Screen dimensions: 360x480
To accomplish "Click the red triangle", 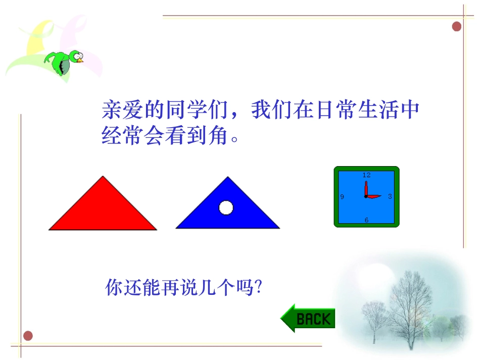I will click(103, 210).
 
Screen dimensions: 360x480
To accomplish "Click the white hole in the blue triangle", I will click(226, 208).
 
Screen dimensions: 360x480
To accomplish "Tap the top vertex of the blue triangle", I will click(228, 178).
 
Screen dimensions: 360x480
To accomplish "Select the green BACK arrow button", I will click(308, 319).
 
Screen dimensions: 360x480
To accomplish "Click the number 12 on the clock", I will click(366, 175).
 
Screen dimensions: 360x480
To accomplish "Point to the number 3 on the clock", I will click(390, 196).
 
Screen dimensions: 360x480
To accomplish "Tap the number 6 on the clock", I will click(366, 220).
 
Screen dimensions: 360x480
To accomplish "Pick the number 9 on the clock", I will click(342, 197).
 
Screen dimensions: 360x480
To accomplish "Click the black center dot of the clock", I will click(366, 196).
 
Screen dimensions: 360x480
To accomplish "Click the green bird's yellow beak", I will click(80, 61).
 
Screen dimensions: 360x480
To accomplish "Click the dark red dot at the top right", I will click(457, 26).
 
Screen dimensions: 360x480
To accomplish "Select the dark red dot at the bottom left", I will click(28, 335).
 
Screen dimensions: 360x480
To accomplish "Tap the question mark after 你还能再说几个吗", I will click(259, 288).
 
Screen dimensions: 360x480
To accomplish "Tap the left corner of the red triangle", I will click(51, 229).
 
